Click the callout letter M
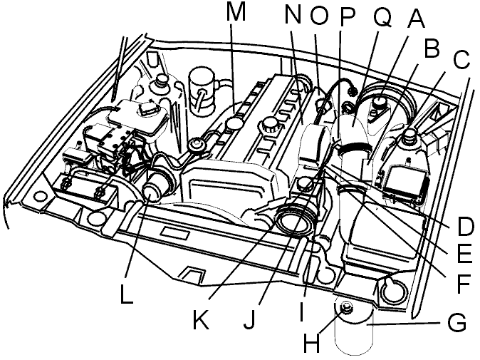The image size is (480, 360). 236,11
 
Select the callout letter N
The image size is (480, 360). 293,15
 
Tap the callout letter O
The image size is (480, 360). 318,15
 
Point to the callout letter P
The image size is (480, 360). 347,15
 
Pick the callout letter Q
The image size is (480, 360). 382,15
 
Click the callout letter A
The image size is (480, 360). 414,19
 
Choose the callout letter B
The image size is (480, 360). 432,48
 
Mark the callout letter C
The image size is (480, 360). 461,59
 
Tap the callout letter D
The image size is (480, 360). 465,226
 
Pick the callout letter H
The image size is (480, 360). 312,343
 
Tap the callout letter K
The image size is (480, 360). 201,319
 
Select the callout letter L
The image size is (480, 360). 127,294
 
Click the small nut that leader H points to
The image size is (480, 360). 346,308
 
